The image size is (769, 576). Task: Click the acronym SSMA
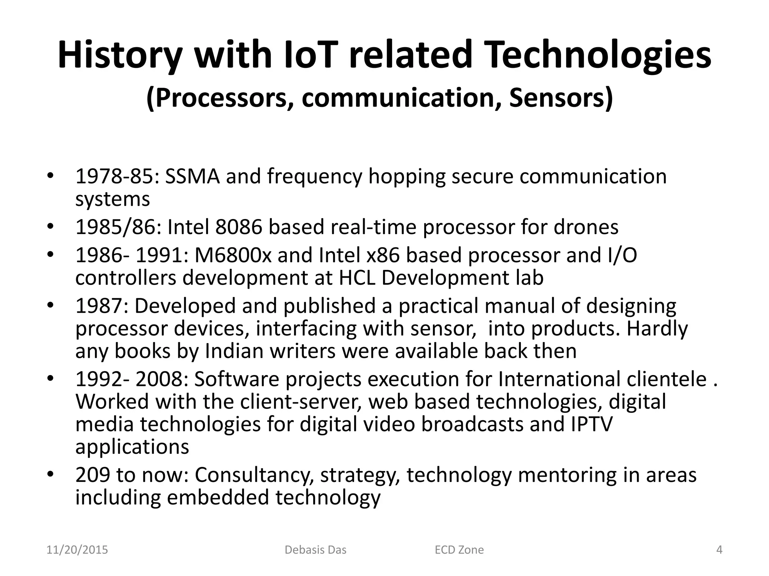(x=192, y=176)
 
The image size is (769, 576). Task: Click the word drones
(x=586, y=227)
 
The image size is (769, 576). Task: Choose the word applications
(x=132, y=447)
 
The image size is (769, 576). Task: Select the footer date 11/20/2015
(x=77, y=550)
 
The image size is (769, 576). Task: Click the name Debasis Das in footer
(x=315, y=550)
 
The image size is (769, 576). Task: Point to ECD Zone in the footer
(x=459, y=550)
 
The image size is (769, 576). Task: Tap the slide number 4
(x=719, y=550)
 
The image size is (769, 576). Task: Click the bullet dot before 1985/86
(x=51, y=227)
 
